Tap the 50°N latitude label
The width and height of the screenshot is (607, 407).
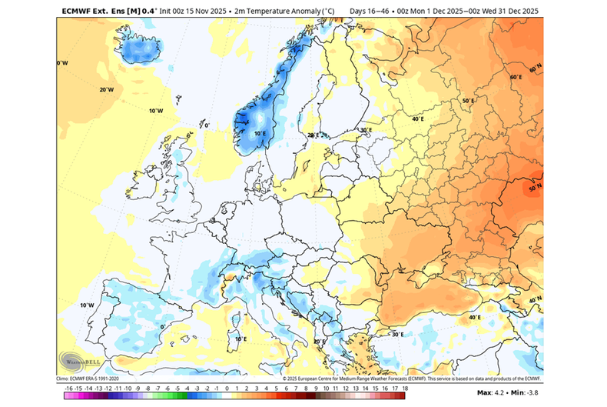click(536, 187)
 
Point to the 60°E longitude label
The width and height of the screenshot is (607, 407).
click(516, 78)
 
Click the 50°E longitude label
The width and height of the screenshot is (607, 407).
click(468, 101)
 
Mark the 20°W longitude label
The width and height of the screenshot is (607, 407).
click(106, 89)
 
